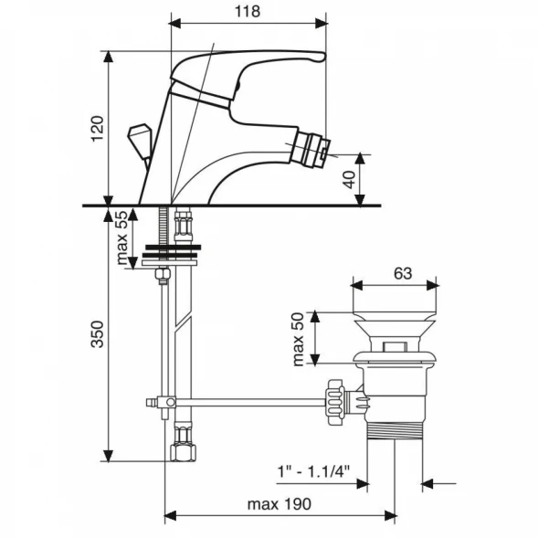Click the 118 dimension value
(x=248, y=11)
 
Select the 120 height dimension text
(x=98, y=129)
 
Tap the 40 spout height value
(x=350, y=179)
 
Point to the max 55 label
(x=122, y=237)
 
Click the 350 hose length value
(x=98, y=334)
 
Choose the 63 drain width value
(x=403, y=273)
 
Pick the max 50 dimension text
(x=298, y=339)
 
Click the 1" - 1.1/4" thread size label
(x=313, y=471)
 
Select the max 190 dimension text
(x=280, y=504)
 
